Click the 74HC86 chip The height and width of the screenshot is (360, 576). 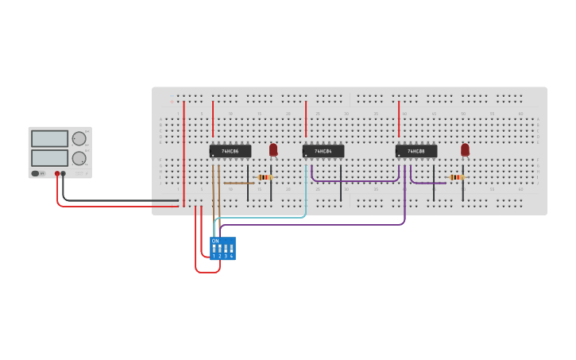click(x=230, y=151)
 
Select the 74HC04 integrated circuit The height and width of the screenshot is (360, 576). click(x=323, y=151)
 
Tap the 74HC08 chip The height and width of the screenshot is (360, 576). click(x=416, y=151)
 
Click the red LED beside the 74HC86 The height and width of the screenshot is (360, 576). click(x=273, y=149)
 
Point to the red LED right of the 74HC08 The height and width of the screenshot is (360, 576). click(x=465, y=149)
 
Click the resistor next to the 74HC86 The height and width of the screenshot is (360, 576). click(x=265, y=177)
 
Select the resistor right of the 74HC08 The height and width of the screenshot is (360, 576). click(x=455, y=177)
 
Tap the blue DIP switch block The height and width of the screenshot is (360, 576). click(x=222, y=249)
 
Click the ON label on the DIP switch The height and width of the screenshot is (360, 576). click(x=215, y=241)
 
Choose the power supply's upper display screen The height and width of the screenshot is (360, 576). click(x=49, y=138)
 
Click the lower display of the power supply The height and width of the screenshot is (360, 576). click(x=49, y=157)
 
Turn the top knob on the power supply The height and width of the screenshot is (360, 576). click(x=79, y=139)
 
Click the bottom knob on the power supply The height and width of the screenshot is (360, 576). click(x=79, y=158)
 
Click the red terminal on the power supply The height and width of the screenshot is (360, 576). click(x=57, y=173)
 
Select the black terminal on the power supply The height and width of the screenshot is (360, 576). click(x=64, y=173)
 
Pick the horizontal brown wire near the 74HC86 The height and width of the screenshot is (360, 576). click(x=238, y=184)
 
